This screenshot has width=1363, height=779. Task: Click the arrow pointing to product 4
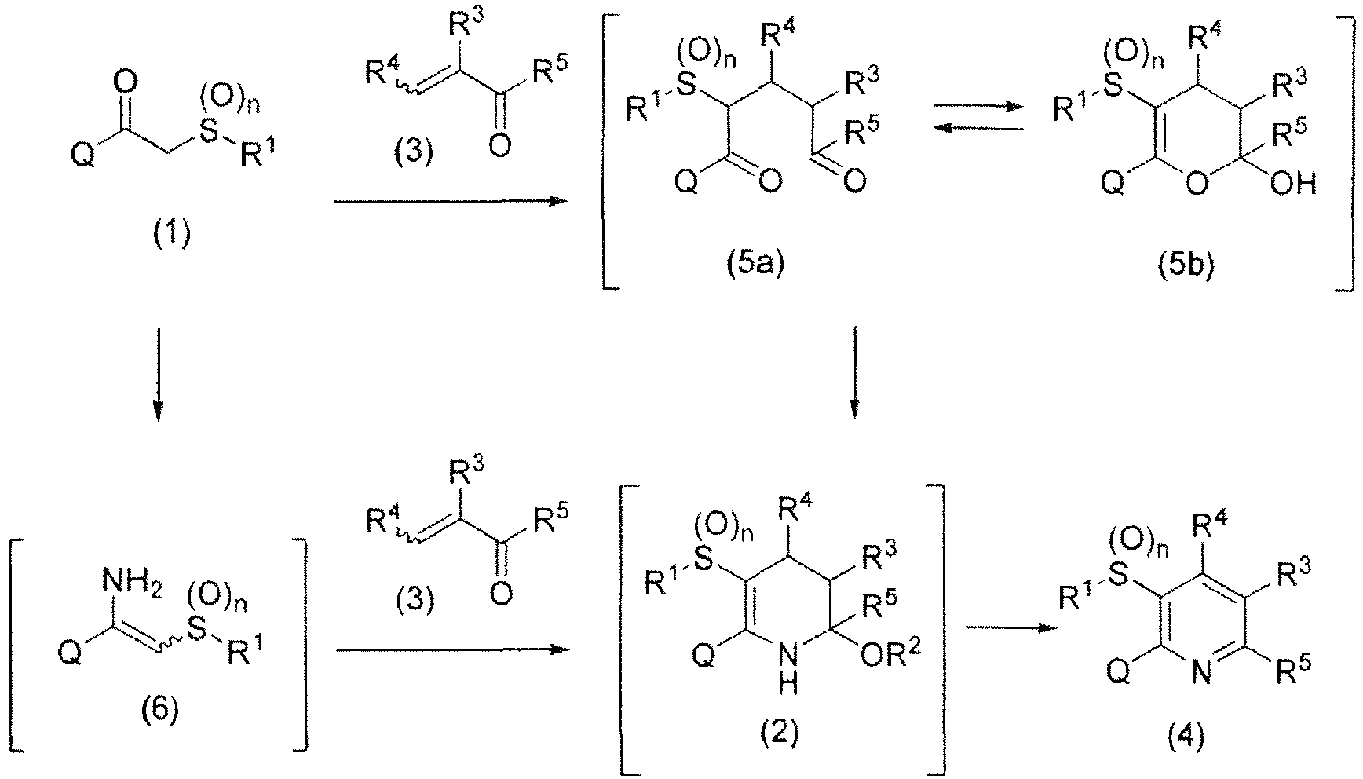[x=1010, y=627]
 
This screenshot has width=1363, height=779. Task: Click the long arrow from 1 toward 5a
[x=451, y=202]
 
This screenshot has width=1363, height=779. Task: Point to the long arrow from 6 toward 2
[x=451, y=649]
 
